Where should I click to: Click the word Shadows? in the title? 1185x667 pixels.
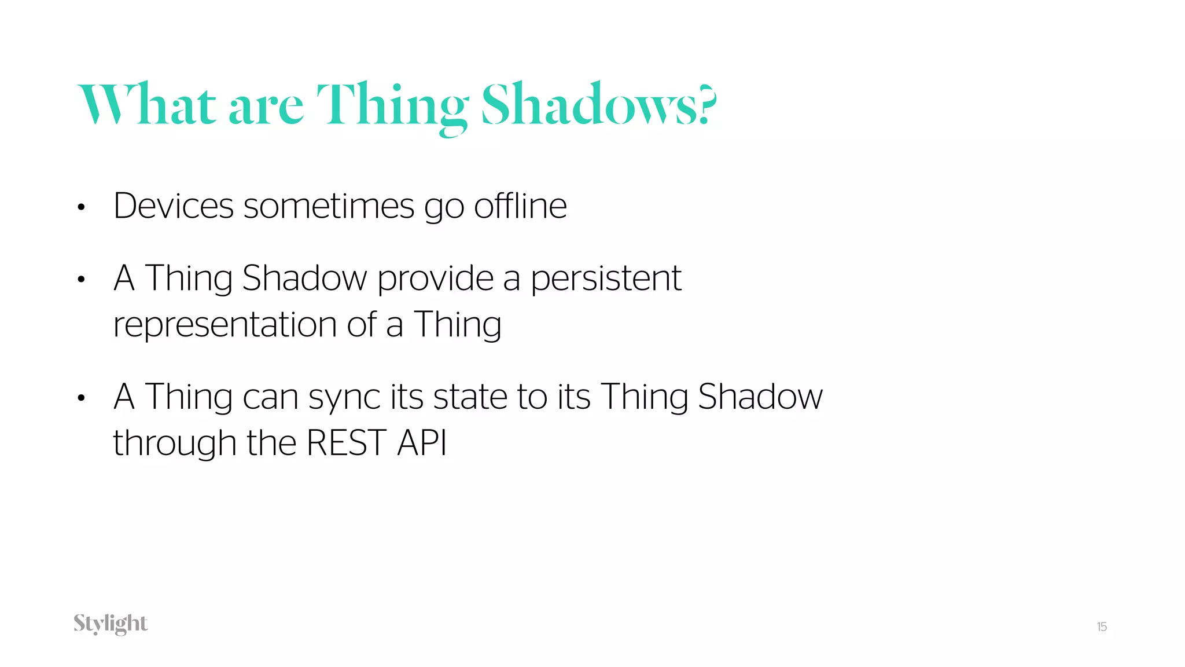point(599,104)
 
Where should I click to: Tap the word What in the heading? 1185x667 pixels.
point(147,104)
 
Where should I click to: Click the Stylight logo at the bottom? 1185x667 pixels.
point(111,624)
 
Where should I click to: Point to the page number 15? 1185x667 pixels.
point(1102,626)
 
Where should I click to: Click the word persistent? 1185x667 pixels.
point(606,278)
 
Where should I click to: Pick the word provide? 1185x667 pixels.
point(435,278)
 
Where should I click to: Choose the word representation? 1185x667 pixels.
point(225,325)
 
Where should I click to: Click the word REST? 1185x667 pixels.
point(346,443)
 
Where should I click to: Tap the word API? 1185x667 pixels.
point(422,443)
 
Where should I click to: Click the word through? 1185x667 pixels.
point(174,444)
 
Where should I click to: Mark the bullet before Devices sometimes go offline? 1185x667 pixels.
point(81,207)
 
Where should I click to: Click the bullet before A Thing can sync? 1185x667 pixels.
point(81,398)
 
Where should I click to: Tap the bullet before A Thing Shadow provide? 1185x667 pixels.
point(81,280)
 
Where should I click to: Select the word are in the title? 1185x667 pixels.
point(266,107)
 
